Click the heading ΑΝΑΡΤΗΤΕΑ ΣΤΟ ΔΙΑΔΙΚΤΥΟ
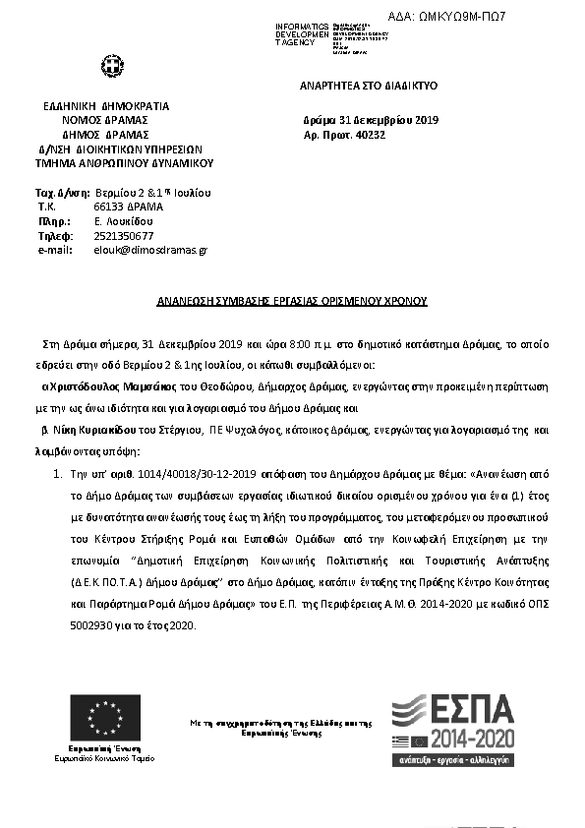point(369,87)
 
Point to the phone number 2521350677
point(123,236)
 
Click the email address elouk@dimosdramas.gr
point(149,250)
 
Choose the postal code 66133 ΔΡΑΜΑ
point(129,207)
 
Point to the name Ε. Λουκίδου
point(124,221)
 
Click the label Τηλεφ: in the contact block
point(55,236)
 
